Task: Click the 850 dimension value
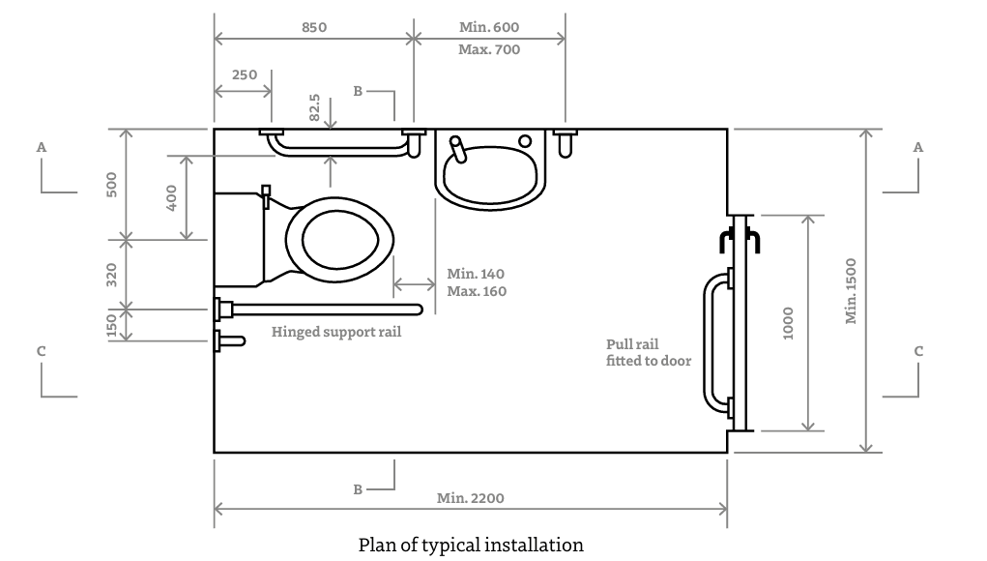click(x=313, y=28)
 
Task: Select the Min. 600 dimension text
click(x=488, y=28)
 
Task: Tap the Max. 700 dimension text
click(x=488, y=49)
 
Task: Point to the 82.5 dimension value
click(x=314, y=107)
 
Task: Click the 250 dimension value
click(x=245, y=75)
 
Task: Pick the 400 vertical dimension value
click(x=172, y=198)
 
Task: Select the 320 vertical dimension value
click(x=112, y=275)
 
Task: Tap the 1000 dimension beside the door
click(x=788, y=322)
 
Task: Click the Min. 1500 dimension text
click(x=852, y=290)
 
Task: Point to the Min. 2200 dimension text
click(x=470, y=499)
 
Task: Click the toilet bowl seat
click(x=340, y=239)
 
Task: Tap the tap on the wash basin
click(x=459, y=149)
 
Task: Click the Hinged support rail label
click(x=335, y=332)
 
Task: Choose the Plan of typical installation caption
click(x=471, y=545)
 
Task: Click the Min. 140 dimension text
click(x=475, y=274)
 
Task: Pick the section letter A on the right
click(x=917, y=147)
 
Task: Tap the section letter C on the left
click(x=42, y=351)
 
